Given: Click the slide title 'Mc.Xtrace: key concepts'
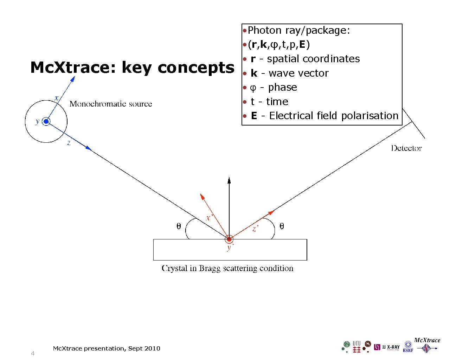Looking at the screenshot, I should [x=132, y=67].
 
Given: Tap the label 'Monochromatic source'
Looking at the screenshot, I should [x=111, y=104].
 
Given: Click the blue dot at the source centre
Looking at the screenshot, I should [x=46, y=122].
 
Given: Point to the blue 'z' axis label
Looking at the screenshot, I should [x=69, y=143].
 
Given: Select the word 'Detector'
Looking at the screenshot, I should [x=406, y=148].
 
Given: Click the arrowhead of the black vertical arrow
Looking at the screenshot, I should [x=229, y=180].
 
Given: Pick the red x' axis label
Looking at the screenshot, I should [x=209, y=218].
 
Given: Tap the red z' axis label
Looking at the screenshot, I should [x=256, y=229].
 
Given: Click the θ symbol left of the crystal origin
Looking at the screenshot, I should [x=179, y=226].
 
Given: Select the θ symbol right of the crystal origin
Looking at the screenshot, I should [x=282, y=226].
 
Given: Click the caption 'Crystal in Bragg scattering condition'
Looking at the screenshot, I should [x=227, y=268].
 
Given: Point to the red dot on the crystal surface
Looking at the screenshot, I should [x=229, y=239].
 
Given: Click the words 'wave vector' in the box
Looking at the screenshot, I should [x=298, y=73].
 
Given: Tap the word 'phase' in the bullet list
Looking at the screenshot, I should [x=282, y=87].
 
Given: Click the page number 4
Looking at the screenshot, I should [x=33, y=353].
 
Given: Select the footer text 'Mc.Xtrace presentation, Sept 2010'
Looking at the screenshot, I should [x=106, y=348].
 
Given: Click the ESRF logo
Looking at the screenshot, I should [x=408, y=347].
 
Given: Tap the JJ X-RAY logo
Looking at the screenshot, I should [x=387, y=347].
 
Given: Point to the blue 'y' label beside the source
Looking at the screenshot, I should [x=37, y=122].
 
